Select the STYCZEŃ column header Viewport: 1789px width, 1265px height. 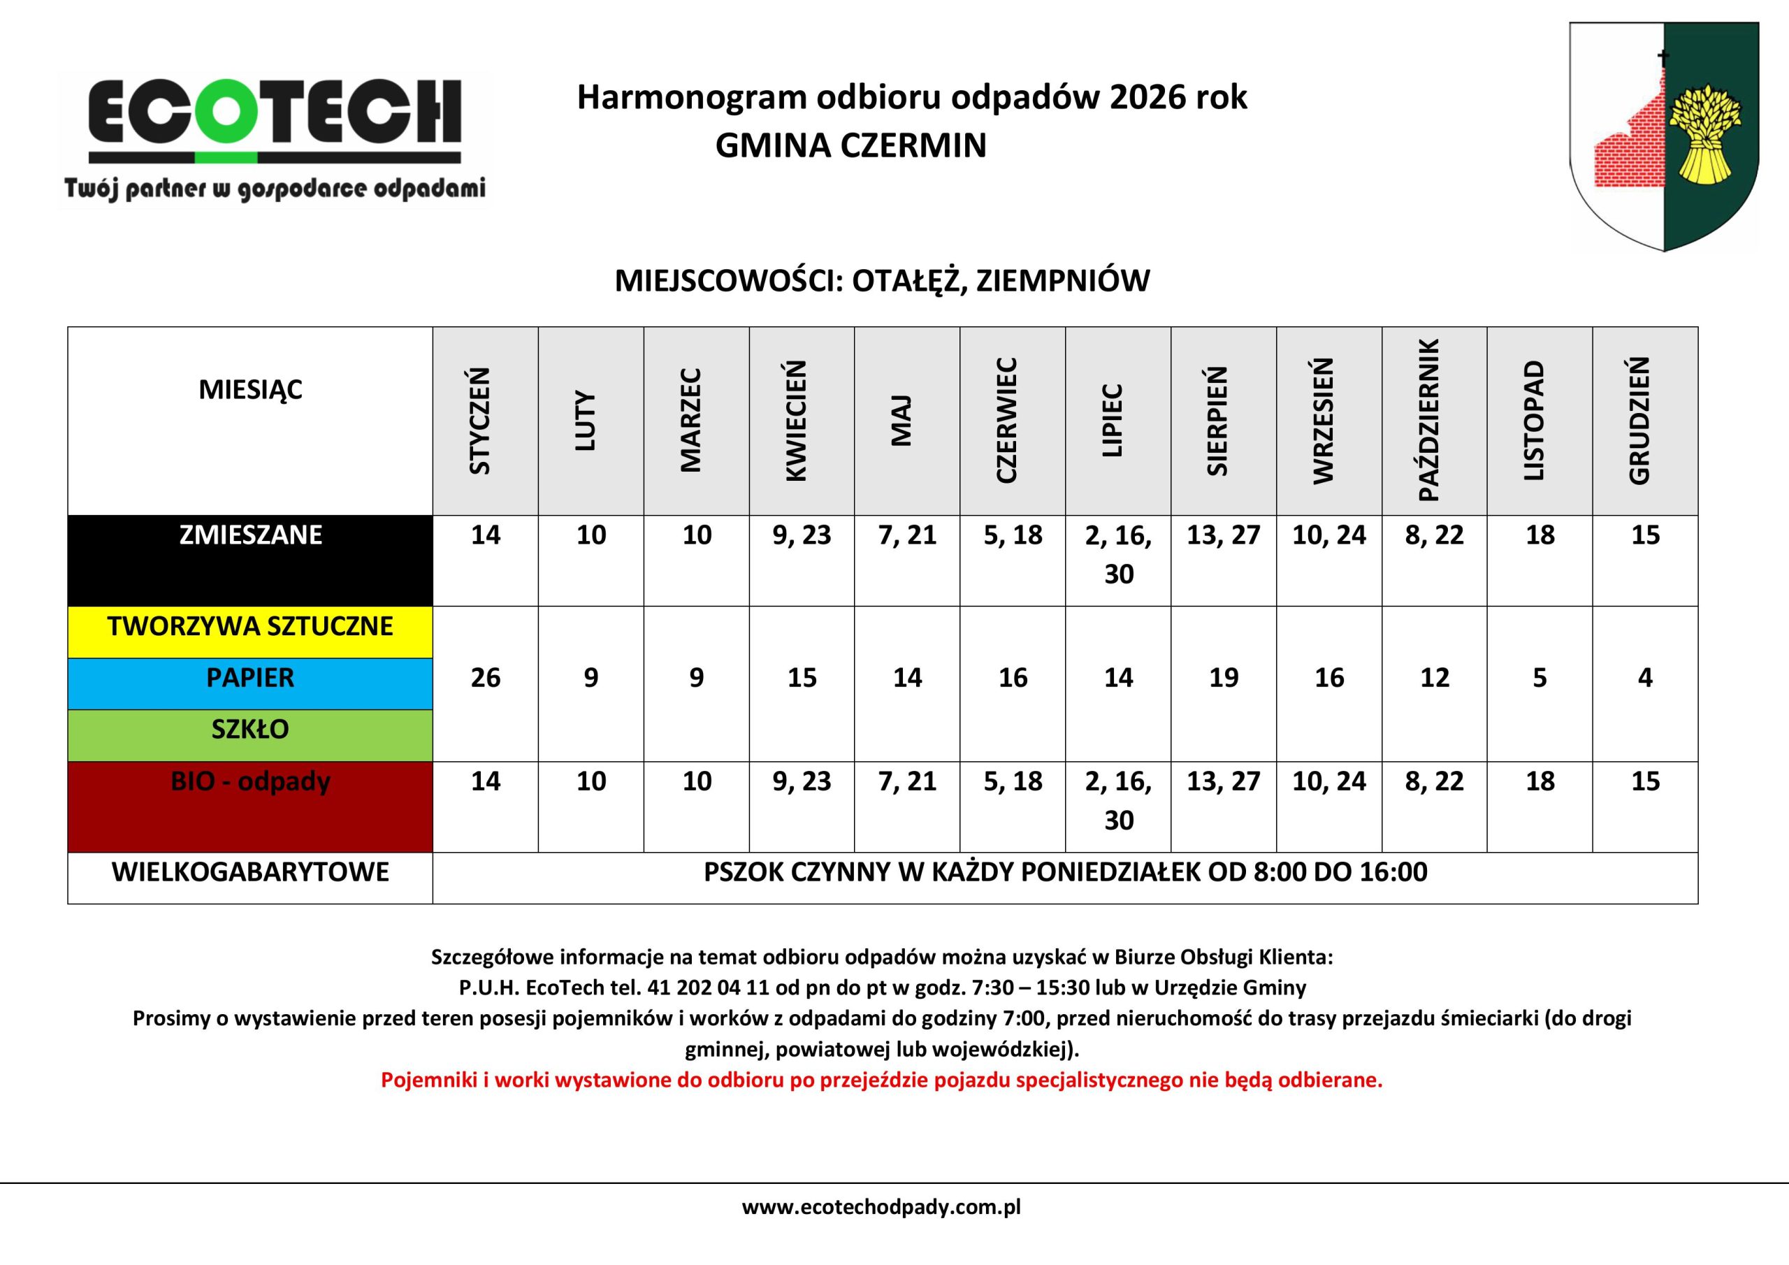tap(485, 421)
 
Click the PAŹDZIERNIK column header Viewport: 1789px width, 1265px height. tap(1434, 421)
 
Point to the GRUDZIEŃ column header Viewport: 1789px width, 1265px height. tap(1645, 421)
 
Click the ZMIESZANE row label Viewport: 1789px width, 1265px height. tap(250, 535)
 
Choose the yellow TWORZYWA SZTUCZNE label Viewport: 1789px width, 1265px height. tap(250, 627)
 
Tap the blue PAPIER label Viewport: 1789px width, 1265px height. tap(250, 678)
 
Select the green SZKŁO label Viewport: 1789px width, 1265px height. tap(250, 730)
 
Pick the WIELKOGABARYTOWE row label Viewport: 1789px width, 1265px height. tap(250, 872)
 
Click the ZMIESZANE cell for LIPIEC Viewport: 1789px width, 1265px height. tap(1118, 555)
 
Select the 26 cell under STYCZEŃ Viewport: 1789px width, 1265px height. tap(485, 678)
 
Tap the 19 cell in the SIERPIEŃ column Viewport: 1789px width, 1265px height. tap(1224, 678)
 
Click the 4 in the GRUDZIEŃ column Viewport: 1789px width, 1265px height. tap(1645, 678)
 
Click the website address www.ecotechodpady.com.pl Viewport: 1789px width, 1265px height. tap(881, 1207)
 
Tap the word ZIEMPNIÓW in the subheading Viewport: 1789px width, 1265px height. tap(1063, 280)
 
